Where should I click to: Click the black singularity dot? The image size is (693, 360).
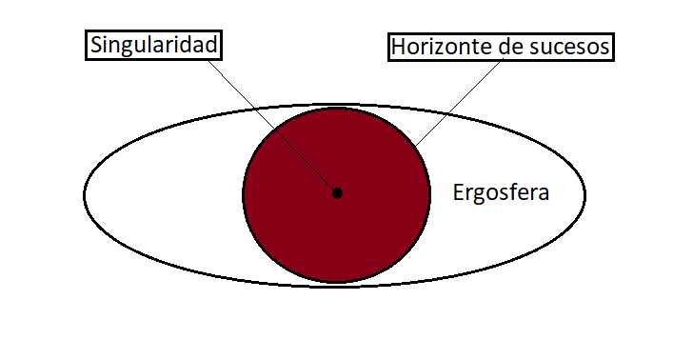pos(337,193)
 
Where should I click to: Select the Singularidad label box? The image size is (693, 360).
pos(153,45)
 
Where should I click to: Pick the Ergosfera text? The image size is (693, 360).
pos(501,192)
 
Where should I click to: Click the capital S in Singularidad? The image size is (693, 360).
pos(96,45)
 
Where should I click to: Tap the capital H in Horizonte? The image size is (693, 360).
pos(398,47)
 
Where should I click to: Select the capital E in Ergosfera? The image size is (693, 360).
pos(459,192)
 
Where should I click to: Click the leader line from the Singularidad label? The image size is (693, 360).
pos(272,127)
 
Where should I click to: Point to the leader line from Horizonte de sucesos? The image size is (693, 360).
pos(458,104)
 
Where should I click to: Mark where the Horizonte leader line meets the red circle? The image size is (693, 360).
pos(415,147)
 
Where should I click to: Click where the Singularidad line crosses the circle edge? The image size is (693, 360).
pos(275,129)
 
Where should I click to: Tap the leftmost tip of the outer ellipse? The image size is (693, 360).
pos(84,194)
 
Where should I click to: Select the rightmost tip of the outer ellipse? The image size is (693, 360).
pos(585,194)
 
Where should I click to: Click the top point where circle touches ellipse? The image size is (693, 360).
pos(337,107)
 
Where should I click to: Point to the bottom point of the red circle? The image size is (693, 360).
pos(337,282)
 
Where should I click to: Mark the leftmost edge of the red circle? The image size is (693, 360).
pos(243,194)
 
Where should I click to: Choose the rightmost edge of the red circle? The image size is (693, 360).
pos(430,194)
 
